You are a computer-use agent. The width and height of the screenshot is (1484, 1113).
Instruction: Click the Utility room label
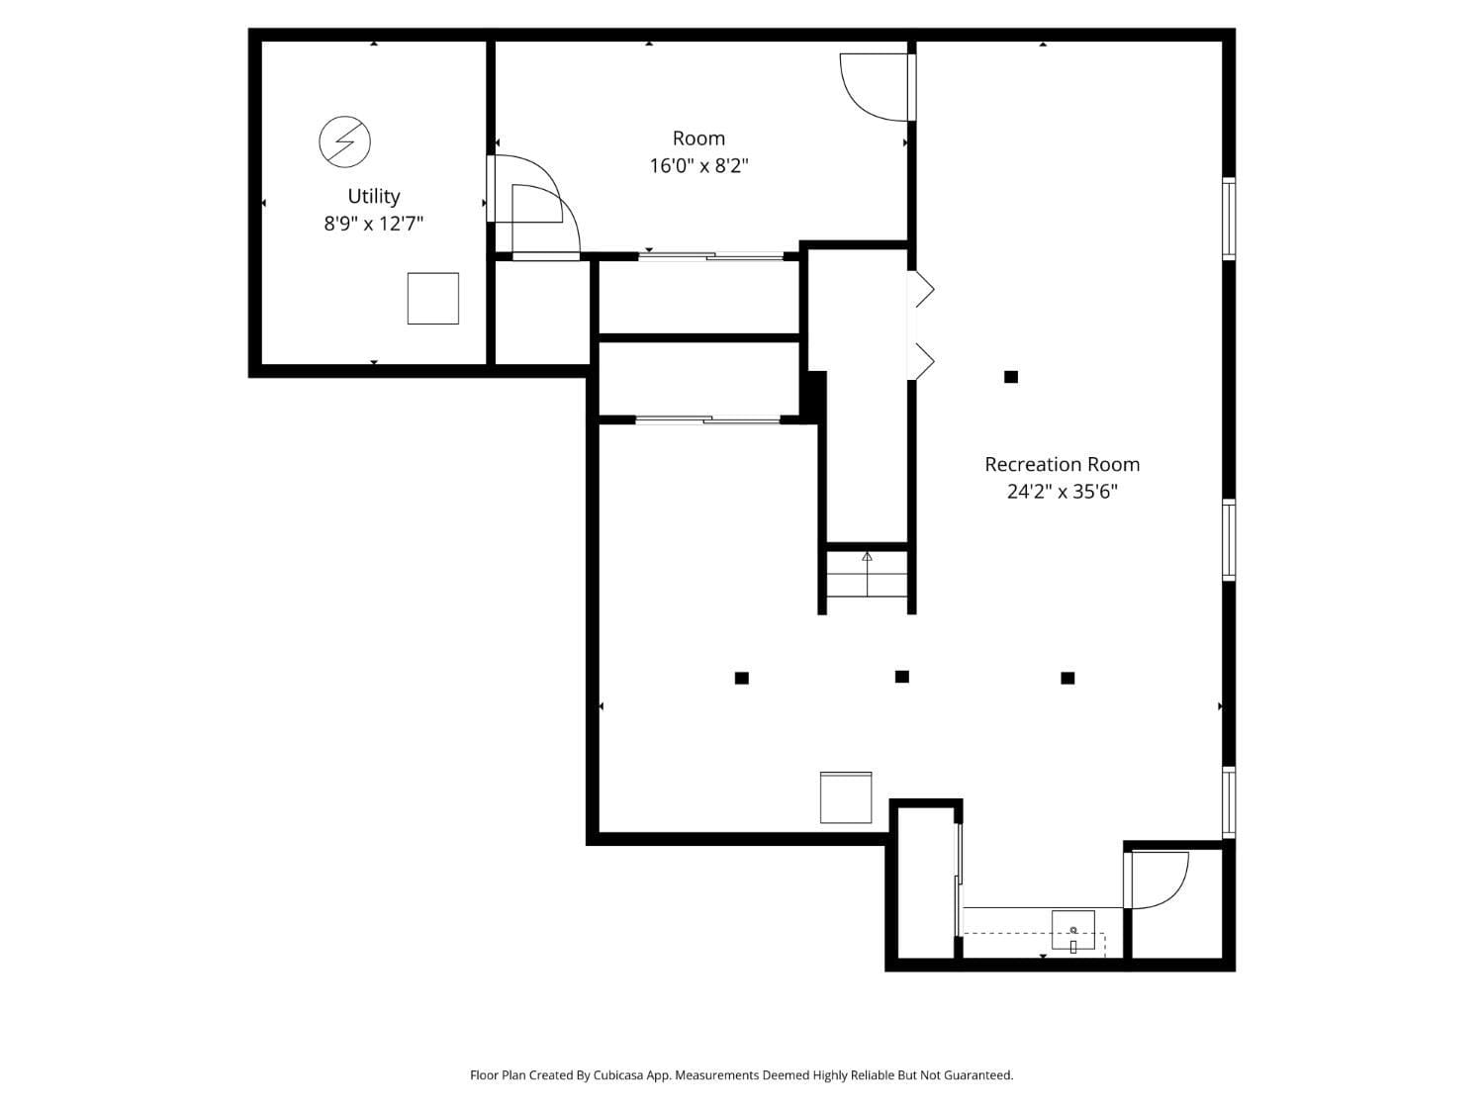coord(374,196)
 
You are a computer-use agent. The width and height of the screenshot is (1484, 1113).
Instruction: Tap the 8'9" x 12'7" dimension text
coord(374,224)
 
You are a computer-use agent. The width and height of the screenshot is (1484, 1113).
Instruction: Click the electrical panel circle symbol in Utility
coord(344,141)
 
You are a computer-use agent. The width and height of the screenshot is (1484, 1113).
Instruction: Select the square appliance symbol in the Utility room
coord(433,298)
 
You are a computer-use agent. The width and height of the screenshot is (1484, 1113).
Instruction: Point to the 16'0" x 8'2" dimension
coord(698,165)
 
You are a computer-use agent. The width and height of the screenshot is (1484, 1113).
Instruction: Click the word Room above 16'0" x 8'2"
coord(698,139)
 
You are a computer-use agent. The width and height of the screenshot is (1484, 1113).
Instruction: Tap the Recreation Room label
coord(1062,464)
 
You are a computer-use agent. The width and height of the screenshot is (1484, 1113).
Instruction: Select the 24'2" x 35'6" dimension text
coord(1062,491)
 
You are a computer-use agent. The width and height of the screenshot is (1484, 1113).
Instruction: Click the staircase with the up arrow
coord(868,574)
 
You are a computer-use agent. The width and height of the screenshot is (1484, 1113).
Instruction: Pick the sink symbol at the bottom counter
coord(1073,931)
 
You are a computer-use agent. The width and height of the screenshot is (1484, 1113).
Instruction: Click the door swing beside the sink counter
coord(1158,880)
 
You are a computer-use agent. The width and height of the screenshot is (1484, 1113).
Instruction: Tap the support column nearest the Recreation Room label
coord(1011,377)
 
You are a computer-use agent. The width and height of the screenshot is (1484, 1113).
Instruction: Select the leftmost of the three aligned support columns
coord(742,678)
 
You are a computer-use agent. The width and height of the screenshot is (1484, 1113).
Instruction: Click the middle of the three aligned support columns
coord(902,677)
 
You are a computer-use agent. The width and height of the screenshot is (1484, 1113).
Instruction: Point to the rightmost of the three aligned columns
coord(1067,678)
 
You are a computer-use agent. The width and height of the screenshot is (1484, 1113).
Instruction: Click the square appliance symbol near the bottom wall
coord(846,797)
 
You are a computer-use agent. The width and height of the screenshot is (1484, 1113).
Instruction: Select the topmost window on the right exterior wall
coord(1229,218)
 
